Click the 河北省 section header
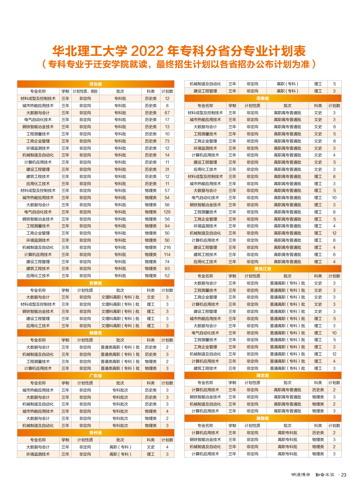96,84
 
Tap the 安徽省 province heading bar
96,283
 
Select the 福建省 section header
96,333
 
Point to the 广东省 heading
96,376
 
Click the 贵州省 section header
96,432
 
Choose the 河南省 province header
263,98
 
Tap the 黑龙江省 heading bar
263,269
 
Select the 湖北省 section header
263,375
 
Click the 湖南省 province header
263,418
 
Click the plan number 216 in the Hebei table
167,247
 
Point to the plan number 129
167,212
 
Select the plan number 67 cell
167,113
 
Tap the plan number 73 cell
167,141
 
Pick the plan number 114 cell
167,255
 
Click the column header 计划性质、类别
85,91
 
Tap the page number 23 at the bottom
344,475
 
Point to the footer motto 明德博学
301,475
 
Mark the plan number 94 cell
167,226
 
